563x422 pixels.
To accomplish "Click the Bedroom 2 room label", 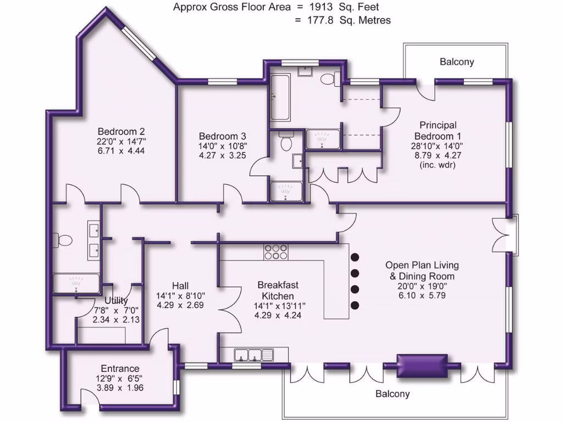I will tap(121, 131).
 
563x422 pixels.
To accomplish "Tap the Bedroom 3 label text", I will tap(222, 136).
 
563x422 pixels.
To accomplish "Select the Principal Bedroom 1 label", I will tap(438, 130).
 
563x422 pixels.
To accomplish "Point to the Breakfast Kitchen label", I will tap(278, 290).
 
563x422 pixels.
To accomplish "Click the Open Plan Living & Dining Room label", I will tap(422, 270).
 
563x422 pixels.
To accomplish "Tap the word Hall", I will tap(180, 285).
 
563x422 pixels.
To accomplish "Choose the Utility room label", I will tap(116, 301).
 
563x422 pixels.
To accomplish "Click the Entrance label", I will tap(120, 368).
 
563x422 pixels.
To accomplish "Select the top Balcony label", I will tap(456, 62).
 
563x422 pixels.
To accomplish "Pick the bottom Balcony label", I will tap(393, 393).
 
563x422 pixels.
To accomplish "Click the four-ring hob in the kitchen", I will tap(275, 252).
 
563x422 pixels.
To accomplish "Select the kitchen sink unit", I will tap(253, 355).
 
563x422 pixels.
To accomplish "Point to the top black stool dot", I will tap(355, 257).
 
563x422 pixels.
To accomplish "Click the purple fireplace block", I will tap(422, 364).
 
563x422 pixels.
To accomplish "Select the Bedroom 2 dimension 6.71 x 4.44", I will tap(121, 151).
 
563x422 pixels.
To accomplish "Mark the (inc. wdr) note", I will tap(438, 164).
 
